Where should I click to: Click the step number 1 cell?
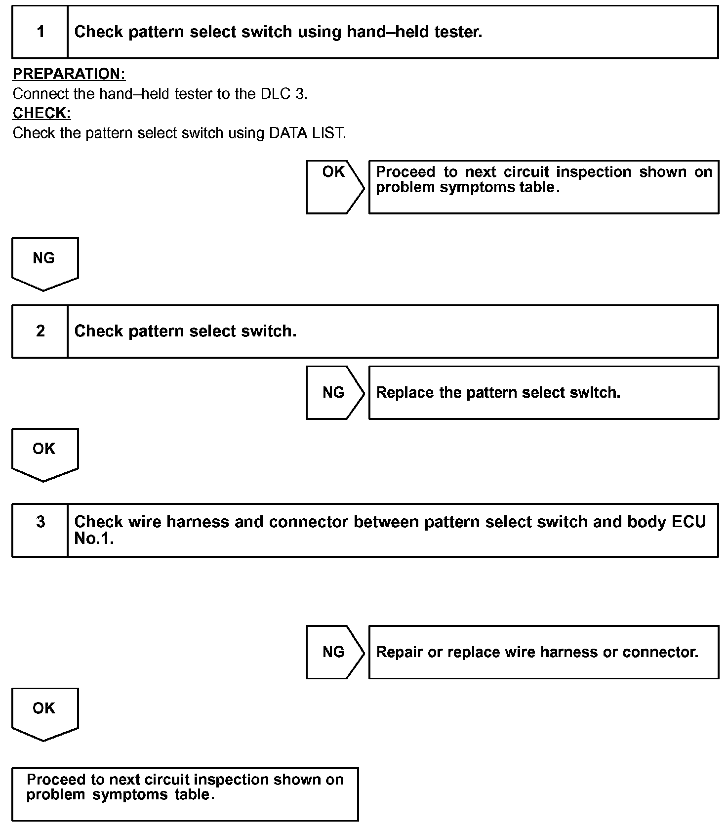[x=40, y=32]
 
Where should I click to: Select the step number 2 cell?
[x=40, y=331]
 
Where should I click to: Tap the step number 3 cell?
[x=40, y=530]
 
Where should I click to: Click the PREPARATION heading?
[x=69, y=74]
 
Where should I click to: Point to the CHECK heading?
[x=41, y=113]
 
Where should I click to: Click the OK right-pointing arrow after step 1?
[x=335, y=187]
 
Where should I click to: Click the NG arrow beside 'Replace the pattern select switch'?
[x=335, y=393]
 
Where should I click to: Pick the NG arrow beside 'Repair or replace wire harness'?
[x=335, y=652]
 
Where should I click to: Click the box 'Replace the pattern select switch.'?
[x=543, y=393]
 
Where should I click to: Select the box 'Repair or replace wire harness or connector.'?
[x=543, y=652]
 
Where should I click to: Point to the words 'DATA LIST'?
[x=306, y=133]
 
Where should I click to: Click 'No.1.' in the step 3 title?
[x=94, y=538]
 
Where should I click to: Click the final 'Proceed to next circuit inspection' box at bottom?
[x=185, y=794]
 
